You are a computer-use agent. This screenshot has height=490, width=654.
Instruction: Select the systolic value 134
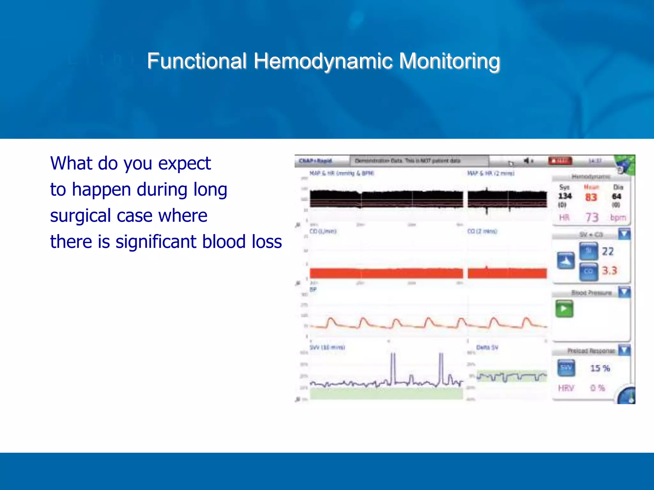pyautogui.click(x=565, y=196)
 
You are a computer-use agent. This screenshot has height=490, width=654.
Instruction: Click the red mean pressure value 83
pyautogui.click(x=591, y=197)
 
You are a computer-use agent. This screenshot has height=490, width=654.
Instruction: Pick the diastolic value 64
pyautogui.click(x=616, y=197)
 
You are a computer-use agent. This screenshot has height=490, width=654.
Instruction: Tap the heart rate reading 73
pyautogui.click(x=592, y=218)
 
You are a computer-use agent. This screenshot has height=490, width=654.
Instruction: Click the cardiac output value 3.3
pyautogui.click(x=609, y=271)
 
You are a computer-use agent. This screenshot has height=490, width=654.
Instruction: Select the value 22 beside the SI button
pyautogui.click(x=608, y=252)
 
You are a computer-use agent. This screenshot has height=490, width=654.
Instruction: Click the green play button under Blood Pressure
pyautogui.click(x=564, y=309)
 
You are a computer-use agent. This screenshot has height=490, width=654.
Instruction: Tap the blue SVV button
pyautogui.click(x=566, y=368)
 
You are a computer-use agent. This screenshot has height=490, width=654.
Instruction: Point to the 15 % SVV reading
pyautogui.click(x=600, y=368)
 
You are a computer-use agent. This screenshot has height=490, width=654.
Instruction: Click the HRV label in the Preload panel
pyautogui.click(x=566, y=388)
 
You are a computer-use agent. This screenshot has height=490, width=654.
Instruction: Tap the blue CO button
pyautogui.click(x=589, y=271)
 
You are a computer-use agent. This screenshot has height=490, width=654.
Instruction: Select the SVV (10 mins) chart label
pyautogui.click(x=327, y=347)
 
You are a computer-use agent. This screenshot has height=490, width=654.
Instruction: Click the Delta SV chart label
pyautogui.click(x=487, y=347)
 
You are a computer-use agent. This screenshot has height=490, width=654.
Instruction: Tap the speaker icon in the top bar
pyautogui.click(x=527, y=160)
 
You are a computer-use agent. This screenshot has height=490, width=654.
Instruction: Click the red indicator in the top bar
pyautogui.click(x=560, y=160)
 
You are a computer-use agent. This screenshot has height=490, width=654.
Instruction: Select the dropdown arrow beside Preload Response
pyautogui.click(x=624, y=350)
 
